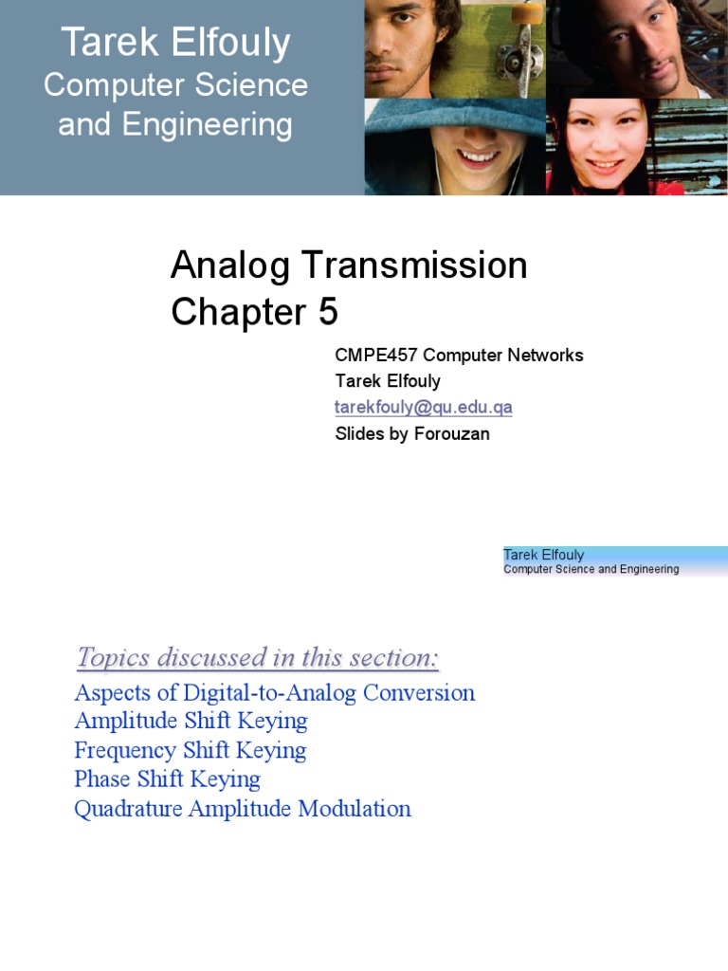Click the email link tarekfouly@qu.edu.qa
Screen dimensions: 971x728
(x=424, y=408)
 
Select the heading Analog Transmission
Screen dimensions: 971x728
(x=349, y=266)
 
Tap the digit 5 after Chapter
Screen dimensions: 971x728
(x=327, y=312)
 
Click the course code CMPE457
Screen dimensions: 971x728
(x=376, y=356)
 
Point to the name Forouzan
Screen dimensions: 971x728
(x=456, y=434)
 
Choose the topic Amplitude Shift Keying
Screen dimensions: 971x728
(x=191, y=721)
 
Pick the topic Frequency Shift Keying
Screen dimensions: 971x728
(x=190, y=750)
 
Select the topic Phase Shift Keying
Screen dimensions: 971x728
(x=167, y=779)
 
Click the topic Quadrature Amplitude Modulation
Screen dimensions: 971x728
(x=243, y=809)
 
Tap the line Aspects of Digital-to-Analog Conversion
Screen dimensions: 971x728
(x=274, y=692)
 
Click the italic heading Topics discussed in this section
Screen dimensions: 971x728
(x=258, y=657)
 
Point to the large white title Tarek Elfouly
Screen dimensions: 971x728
(x=175, y=44)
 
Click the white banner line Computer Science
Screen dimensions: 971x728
(x=175, y=85)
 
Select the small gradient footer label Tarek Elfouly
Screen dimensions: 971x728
(x=543, y=555)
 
